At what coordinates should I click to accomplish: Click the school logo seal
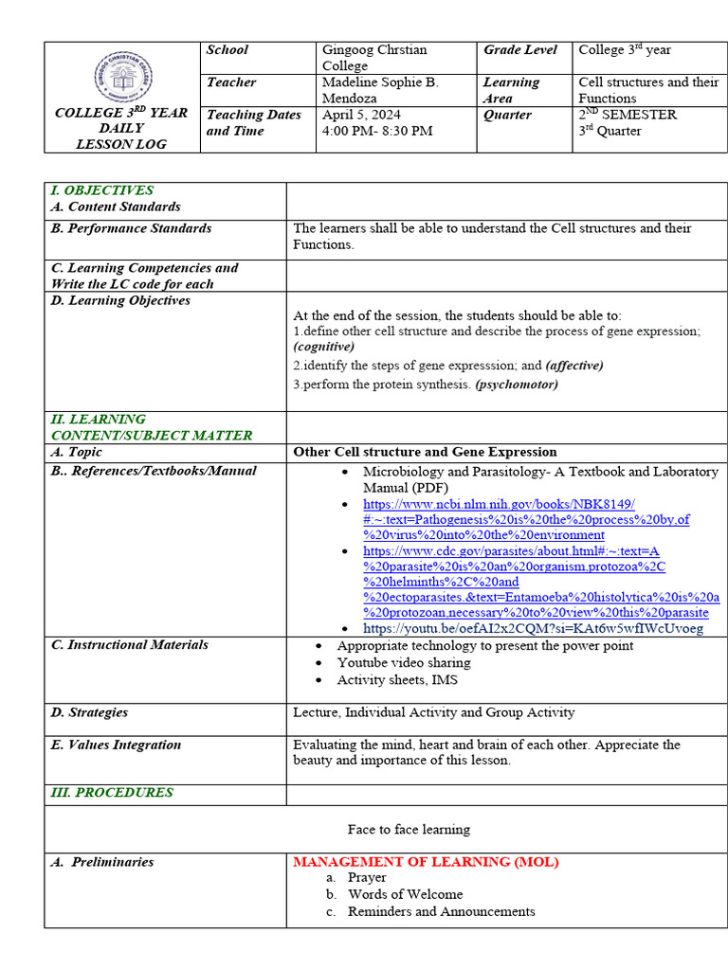pyautogui.click(x=123, y=76)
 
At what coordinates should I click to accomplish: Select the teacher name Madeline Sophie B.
pyautogui.click(x=380, y=82)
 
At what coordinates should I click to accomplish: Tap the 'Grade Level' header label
pyautogui.click(x=520, y=50)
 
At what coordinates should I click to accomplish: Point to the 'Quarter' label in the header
pyautogui.click(x=508, y=115)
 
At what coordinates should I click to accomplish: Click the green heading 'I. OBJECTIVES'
pyautogui.click(x=102, y=190)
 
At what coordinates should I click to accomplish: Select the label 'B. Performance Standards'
pyautogui.click(x=132, y=228)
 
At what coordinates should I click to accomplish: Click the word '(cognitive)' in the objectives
pyautogui.click(x=324, y=347)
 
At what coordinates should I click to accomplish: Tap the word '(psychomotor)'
pyautogui.click(x=517, y=385)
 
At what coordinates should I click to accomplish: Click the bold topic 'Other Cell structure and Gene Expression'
pyautogui.click(x=425, y=452)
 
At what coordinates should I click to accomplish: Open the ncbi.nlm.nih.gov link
pyautogui.click(x=499, y=504)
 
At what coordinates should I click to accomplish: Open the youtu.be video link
pyautogui.click(x=534, y=628)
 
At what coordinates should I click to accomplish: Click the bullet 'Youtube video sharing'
pyautogui.click(x=404, y=662)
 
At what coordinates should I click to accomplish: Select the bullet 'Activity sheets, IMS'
pyautogui.click(x=397, y=679)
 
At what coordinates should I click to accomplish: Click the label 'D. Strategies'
pyautogui.click(x=90, y=712)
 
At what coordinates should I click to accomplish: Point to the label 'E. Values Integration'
pyautogui.click(x=116, y=745)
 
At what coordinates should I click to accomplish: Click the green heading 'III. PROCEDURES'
pyautogui.click(x=112, y=792)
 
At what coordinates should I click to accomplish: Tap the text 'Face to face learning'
pyautogui.click(x=409, y=829)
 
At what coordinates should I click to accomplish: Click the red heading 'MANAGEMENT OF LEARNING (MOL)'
pyautogui.click(x=426, y=862)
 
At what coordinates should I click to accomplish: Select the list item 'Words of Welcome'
pyautogui.click(x=405, y=894)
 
